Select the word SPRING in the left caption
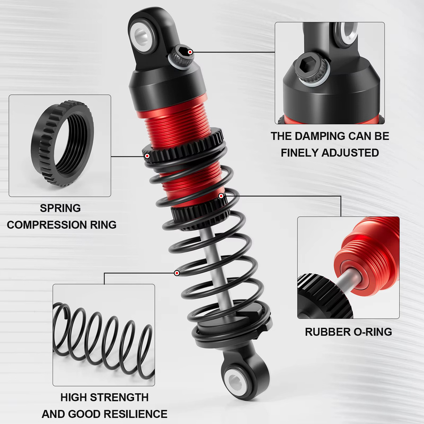(60, 208)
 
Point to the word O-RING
(372, 332)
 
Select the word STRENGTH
(119, 397)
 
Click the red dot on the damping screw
(190, 52)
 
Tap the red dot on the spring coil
(177, 273)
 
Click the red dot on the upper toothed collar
(147, 156)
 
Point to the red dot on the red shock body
(221, 196)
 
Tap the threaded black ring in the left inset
(62, 143)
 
